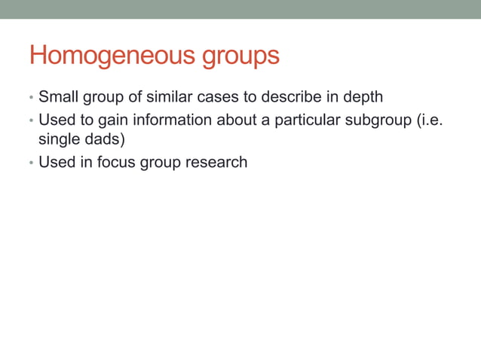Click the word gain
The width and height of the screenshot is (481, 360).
tap(113, 120)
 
